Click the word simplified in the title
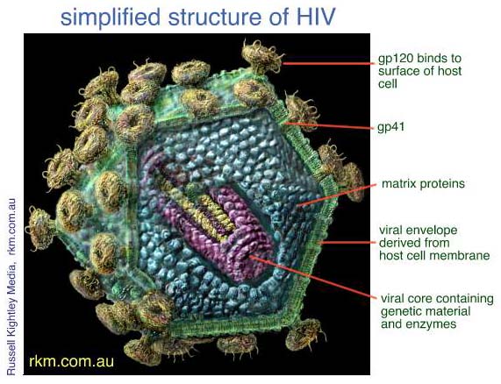(x=111, y=18)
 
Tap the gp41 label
(x=390, y=127)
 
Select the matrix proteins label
(x=423, y=184)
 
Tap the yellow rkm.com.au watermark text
(x=72, y=361)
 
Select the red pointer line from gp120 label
(x=328, y=63)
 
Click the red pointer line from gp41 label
(x=329, y=125)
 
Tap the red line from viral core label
(x=313, y=277)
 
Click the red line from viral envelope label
(x=348, y=243)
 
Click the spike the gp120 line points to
(x=262, y=58)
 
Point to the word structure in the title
(x=214, y=17)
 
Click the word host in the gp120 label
(x=449, y=71)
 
